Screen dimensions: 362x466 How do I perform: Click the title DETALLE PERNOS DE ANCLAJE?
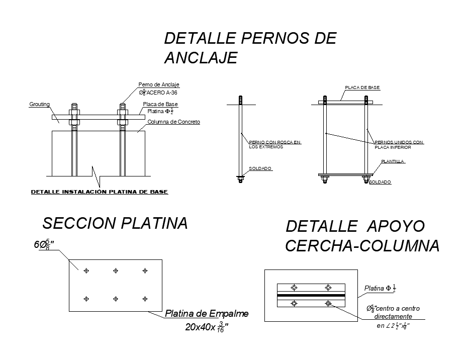[x=250, y=48]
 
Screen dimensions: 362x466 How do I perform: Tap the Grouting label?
[x=39, y=104]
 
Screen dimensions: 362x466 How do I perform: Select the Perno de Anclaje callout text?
[x=159, y=85]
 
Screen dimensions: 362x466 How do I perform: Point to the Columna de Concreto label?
[x=174, y=122]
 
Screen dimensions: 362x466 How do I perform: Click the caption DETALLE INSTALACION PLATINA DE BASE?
[x=100, y=192]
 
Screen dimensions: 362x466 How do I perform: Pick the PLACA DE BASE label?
[x=362, y=87]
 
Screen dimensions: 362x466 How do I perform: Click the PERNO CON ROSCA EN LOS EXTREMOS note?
[x=274, y=144]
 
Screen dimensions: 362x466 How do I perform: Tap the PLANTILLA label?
[x=393, y=161]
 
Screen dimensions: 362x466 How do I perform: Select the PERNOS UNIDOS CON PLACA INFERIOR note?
[x=399, y=145]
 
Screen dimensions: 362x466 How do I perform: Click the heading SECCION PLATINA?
[x=115, y=223]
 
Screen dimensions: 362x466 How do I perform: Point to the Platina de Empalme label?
[x=207, y=314]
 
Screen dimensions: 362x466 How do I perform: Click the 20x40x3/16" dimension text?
[x=207, y=328]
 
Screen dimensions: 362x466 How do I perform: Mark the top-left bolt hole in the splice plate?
[x=86, y=270]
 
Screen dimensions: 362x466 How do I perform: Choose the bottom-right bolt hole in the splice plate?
[x=145, y=299]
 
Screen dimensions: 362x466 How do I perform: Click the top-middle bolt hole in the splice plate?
[x=116, y=270]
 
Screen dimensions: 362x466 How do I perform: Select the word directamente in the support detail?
[x=394, y=316]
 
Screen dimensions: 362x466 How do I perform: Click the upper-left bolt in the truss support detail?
[x=294, y=288]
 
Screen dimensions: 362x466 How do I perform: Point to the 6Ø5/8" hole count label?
[x=44, y=245]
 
